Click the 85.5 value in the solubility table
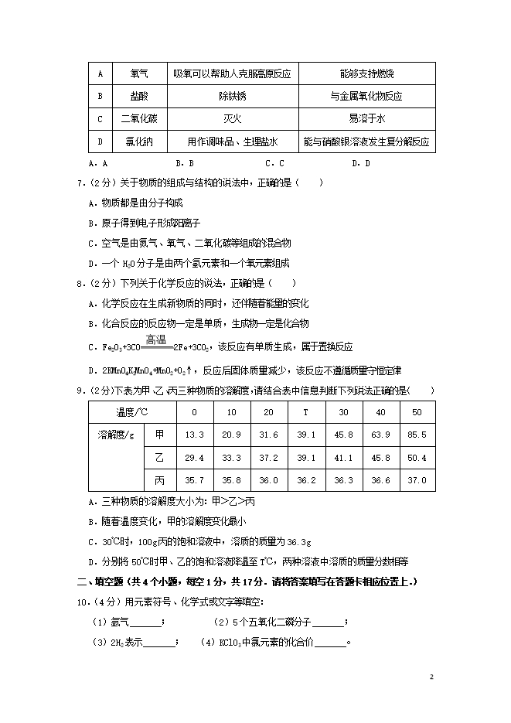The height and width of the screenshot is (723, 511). (417, 435)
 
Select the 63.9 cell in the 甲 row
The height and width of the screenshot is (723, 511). (380, 435)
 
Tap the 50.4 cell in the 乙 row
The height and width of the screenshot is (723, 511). (417, 458)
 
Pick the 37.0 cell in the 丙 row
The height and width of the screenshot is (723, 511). (417, 480)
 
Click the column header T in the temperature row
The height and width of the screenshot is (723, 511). (305, 412)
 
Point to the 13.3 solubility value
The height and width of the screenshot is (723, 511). (195, 435)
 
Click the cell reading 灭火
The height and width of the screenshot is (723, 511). (232, 119)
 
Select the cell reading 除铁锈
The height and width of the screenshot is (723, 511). (232, 97)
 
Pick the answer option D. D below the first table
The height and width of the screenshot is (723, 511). (361, 163)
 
